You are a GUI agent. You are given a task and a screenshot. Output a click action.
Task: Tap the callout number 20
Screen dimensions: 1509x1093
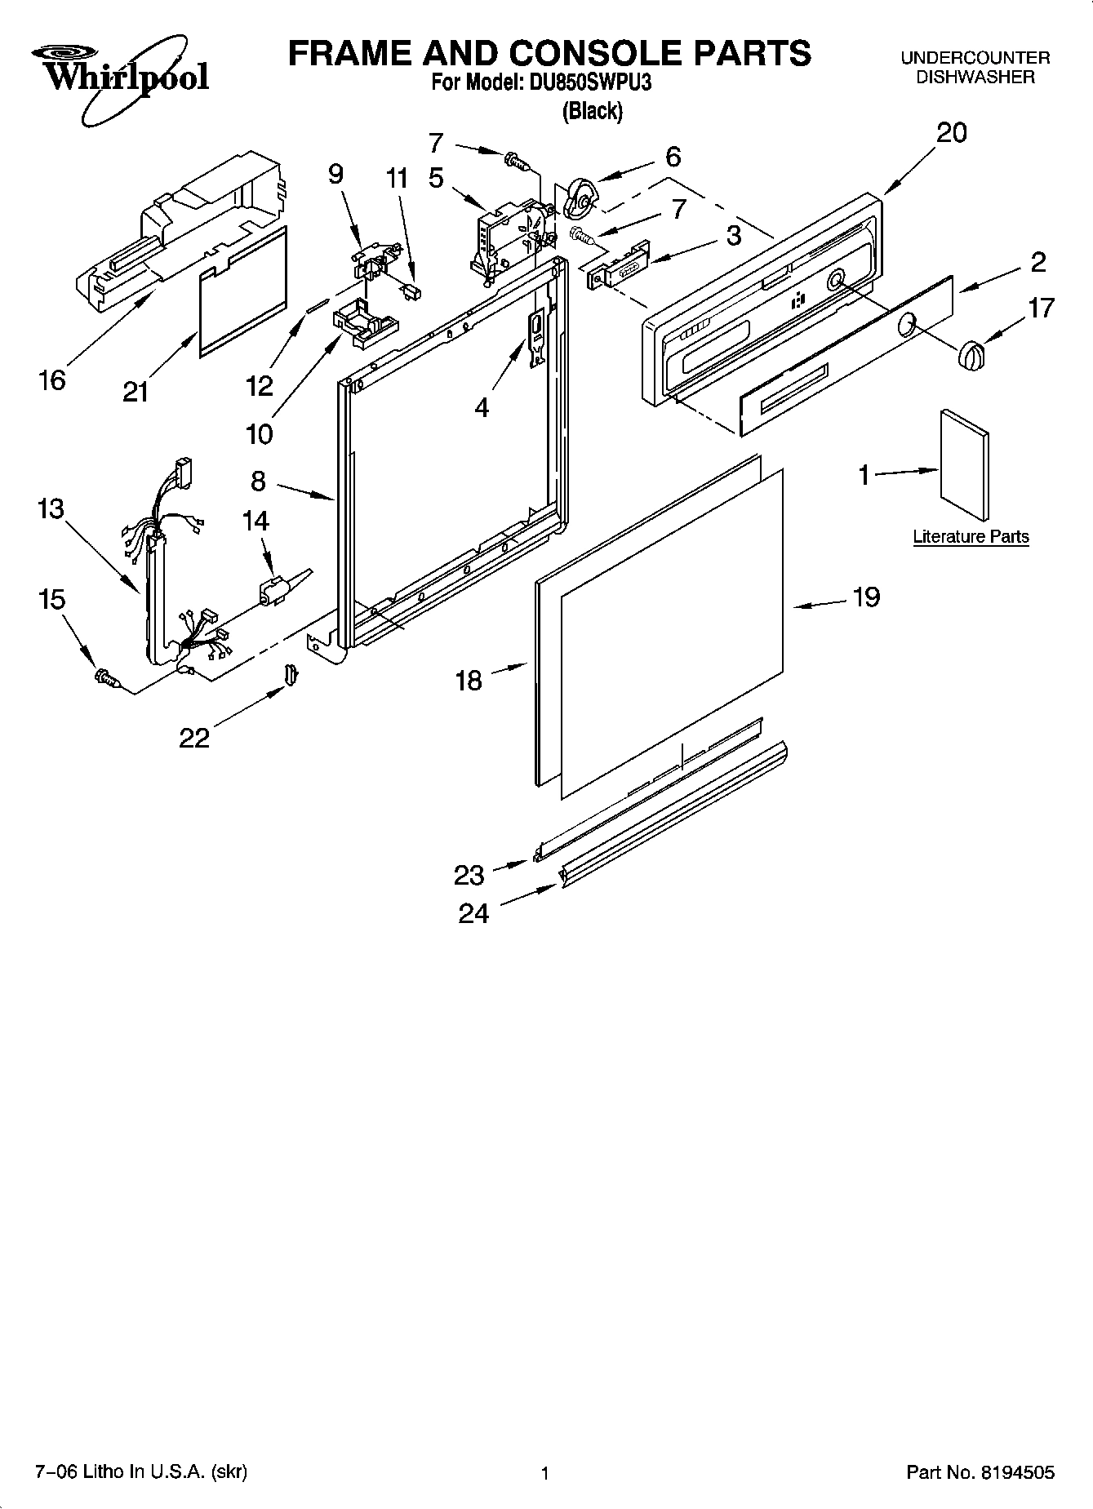pos(951,132)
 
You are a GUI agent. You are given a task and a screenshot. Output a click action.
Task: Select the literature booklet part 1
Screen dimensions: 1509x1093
pos(964,464)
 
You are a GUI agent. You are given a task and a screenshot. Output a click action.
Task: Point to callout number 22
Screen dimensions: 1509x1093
pos(194,738)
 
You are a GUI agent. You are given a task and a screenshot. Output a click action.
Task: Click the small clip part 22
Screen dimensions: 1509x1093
pos(291,673)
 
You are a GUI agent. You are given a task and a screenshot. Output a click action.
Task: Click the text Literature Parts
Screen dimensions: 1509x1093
pos(970,536)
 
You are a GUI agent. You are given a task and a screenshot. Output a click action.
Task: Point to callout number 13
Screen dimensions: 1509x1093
pos(51,508)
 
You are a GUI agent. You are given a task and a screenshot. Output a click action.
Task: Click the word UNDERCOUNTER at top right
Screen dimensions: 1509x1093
pos(975,58)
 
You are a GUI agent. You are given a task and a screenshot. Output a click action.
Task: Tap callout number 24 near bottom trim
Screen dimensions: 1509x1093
pos(473,912)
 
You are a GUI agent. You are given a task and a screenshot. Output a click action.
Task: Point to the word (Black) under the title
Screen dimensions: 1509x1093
pos(592,111)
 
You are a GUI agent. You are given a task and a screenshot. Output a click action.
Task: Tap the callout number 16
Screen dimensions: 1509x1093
pos(51,379)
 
